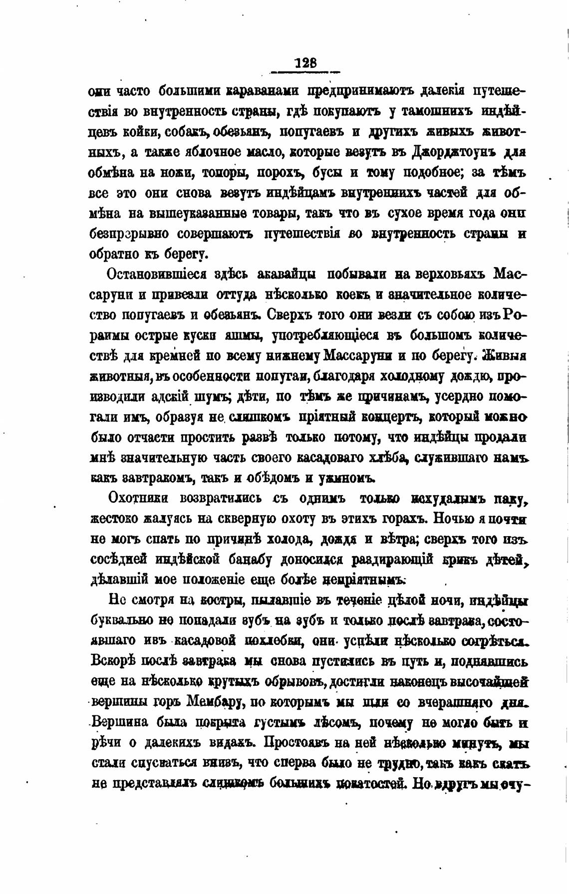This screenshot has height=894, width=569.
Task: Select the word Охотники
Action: click(x=141, y=498)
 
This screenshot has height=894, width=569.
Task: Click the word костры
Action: click(x=220, y=601)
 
